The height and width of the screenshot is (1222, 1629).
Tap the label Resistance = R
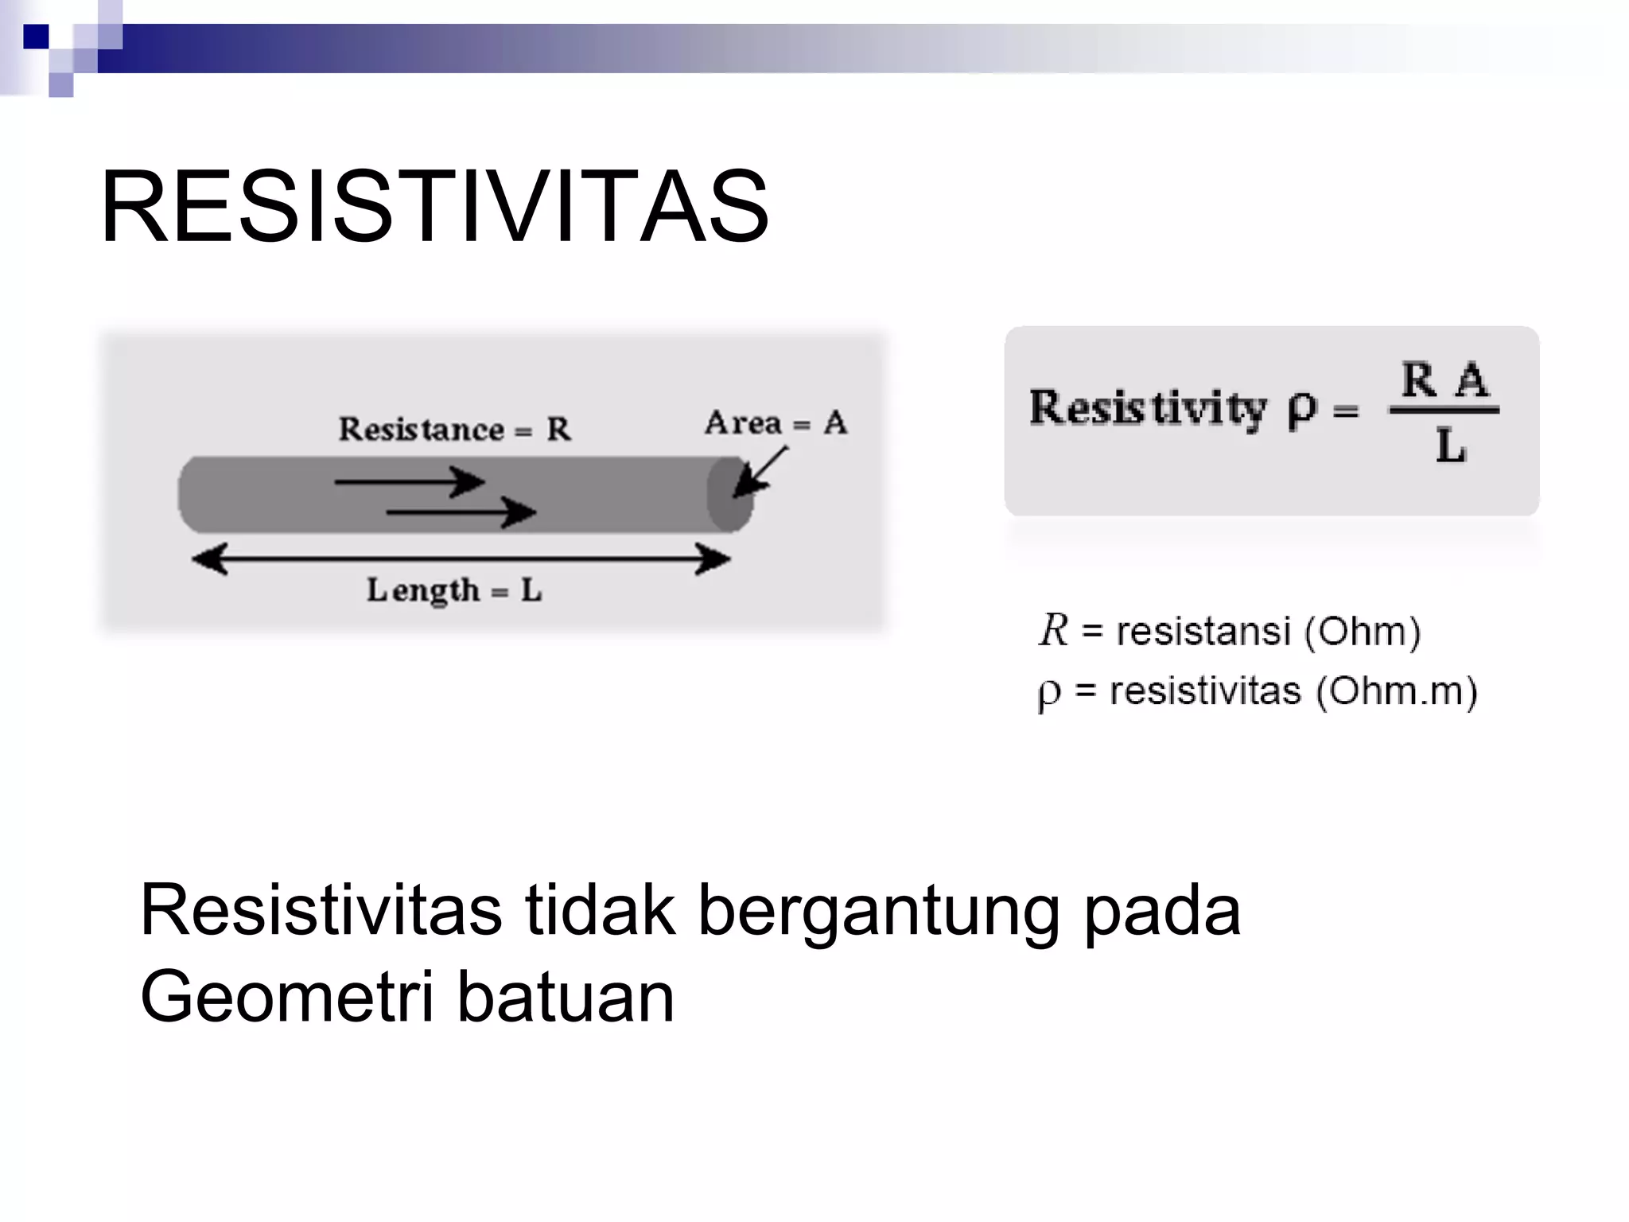[454, 430]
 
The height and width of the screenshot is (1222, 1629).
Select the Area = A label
[776, 422]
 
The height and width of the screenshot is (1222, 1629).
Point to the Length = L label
[454, 590]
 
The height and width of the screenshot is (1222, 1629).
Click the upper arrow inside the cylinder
[409, 481]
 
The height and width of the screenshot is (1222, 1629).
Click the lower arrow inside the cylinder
[461, 512]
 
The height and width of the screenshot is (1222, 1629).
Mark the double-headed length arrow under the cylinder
[461, 559]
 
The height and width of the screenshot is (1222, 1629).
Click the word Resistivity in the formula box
[1147, 408]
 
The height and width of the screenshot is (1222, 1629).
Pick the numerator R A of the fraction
[1444, 379]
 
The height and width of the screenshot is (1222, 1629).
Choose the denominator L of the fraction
[1450, 446]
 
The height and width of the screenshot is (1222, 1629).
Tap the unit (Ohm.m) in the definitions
[1397, 691]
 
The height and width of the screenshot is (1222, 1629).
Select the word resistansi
[1202, 632]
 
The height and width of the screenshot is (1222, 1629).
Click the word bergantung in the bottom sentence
[879, 910]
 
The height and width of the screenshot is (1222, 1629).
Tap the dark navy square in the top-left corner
[36, 37]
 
